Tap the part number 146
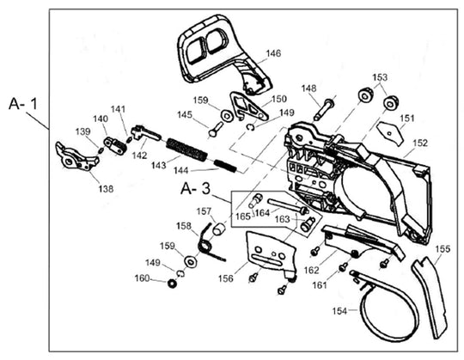point(272,53)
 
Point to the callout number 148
point(308,88)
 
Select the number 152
point(420,143)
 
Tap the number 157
point(205,211)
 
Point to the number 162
point(312,270)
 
